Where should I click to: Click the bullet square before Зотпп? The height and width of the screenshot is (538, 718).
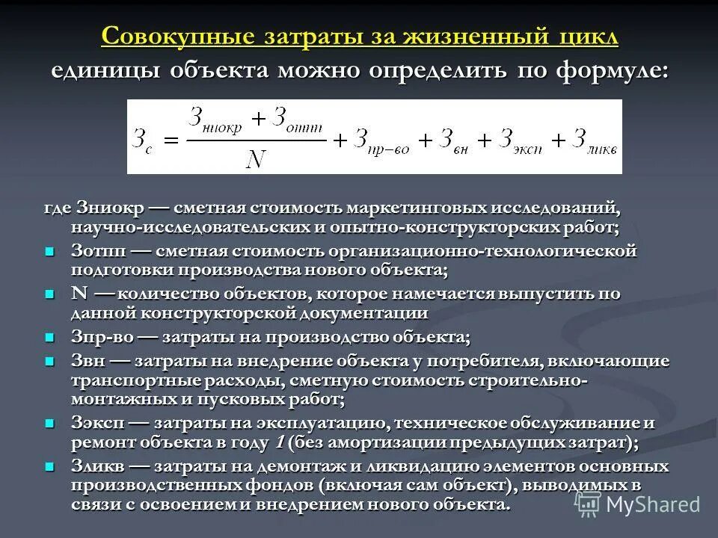click(50, 251)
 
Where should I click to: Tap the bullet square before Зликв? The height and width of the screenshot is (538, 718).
click(50, 467)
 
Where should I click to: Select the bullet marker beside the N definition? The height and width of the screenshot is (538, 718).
click(50, 294)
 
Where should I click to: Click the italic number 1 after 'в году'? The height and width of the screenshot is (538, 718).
click(279, 442)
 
